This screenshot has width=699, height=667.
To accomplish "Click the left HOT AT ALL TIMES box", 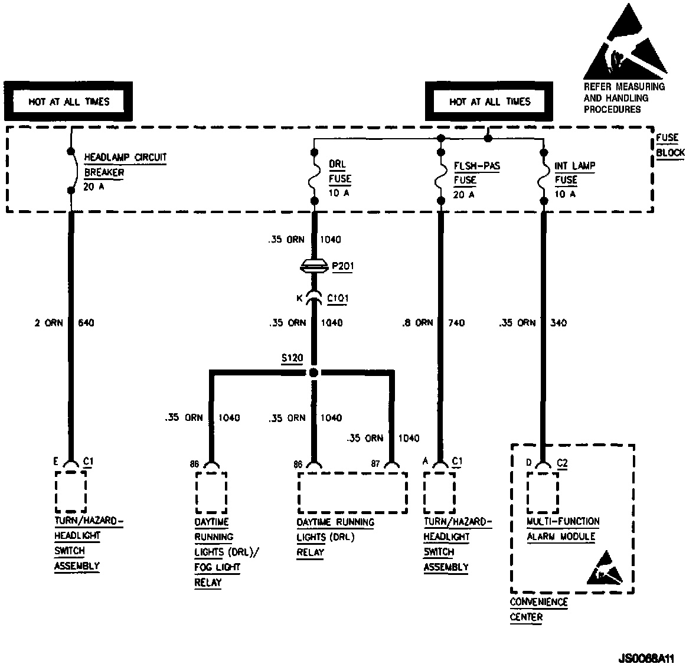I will [x=69, y=102].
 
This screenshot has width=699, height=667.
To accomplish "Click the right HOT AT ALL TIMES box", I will [x=489, y=102].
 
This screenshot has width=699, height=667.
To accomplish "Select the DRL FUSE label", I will [x=339, y=178].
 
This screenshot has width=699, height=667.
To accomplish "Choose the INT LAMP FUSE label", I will [x=574, y=179].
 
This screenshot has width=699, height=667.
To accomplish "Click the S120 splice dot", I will [x=314, y=372].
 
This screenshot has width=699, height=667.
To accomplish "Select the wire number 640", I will [x=86, y=323].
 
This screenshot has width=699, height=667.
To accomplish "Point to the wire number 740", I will [x=456, y=323].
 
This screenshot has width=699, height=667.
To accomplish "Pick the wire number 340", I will [x=558, y=323].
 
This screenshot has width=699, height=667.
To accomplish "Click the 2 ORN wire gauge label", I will [x=48, y=323].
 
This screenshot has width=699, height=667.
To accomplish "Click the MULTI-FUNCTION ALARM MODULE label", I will [x=563, y=529].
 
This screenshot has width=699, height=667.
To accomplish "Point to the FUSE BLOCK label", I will [x=670, y=145].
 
